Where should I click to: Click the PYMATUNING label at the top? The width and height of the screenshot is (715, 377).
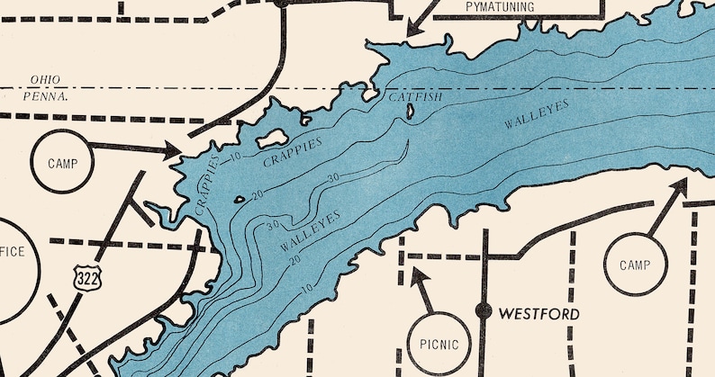pos(500,7)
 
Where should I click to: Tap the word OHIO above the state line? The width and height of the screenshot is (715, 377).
pos(45,79)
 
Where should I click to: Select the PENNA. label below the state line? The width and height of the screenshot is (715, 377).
pos(49,94)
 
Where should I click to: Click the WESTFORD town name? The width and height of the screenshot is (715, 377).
pos(539,314)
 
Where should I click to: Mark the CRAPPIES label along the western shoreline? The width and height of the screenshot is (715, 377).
pos(206,184)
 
